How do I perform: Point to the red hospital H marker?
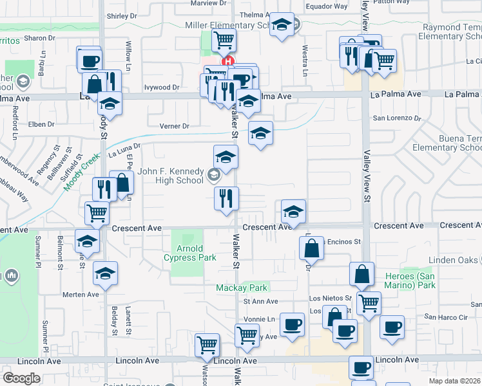point(227,62)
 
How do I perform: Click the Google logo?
point(21,378)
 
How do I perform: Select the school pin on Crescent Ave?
point(293,211)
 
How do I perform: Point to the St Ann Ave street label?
point(260,301)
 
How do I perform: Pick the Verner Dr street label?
point(174,126)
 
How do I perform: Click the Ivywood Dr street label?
point(162,87)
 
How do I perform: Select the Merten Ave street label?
point(81,295)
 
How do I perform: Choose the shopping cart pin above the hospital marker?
point(224,40)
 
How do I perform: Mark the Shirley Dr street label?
point(122,15)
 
